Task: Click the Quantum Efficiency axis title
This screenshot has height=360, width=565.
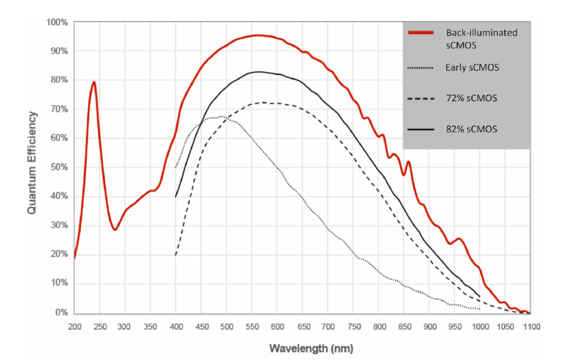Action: click(32, 163)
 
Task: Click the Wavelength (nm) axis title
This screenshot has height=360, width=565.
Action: click(302, 348)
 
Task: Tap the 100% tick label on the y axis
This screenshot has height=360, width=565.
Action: click(57, 23)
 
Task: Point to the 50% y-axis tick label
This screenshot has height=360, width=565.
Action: click(59, 168)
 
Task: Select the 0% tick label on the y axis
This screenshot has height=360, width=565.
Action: click(61, 313)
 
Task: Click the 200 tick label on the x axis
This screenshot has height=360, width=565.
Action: click(74, 327)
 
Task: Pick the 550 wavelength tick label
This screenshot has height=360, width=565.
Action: click(251, 327)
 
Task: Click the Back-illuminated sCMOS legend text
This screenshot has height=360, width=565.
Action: click(481, 37)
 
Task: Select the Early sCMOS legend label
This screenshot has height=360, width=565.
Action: click(471, 67)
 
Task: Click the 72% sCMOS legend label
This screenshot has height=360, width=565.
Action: click(471, 97)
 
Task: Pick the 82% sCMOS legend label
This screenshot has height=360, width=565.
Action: click(471, 129)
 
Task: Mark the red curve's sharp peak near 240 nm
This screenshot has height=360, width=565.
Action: click(94, 82)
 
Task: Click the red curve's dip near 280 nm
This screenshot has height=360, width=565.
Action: click(115, 230)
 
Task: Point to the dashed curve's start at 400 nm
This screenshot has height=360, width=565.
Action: click(176, 254)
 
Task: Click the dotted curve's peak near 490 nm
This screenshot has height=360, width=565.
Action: click(221, 117)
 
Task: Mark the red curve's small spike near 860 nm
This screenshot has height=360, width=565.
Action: click(408, 162)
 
